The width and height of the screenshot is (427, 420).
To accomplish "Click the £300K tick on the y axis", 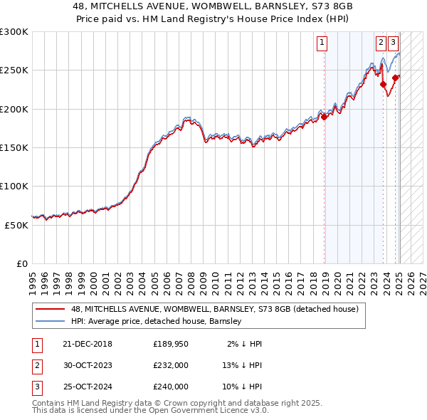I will pos(14,32).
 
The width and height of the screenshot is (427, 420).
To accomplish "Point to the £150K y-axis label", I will pos(14,148).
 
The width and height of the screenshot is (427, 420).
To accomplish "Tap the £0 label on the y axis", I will pos(21,263).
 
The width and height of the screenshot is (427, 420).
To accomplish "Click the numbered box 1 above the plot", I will pos(322,42).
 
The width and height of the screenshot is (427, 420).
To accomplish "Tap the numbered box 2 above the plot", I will pos(381,42).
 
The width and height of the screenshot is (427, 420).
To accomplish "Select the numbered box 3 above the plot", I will pos(393,42).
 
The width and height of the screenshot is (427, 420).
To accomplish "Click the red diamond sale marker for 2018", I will pos(324,117).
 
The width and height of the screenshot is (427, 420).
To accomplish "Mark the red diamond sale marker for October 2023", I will pos(383,85).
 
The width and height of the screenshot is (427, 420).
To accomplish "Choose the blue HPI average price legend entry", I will pos(157,321).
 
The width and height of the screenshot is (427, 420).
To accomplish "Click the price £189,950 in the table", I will pos(171,344).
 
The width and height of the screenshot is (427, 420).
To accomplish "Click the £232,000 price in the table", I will pos(171,365).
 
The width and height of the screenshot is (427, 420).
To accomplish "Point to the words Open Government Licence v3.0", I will pos(213,411).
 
